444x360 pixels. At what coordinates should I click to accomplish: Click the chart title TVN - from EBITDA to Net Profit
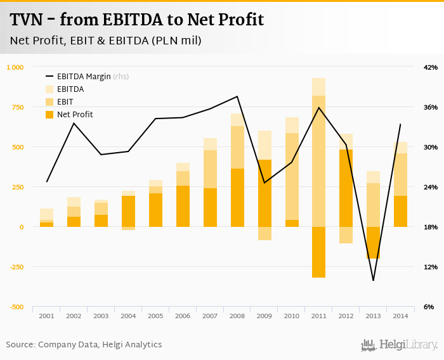(136, 20)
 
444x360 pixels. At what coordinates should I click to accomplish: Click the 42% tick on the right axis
(430, 67)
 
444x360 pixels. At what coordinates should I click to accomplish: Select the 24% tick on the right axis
(430, 187)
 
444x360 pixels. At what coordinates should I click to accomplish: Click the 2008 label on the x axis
(237, 316)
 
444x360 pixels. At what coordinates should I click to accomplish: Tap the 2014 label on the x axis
(401, 316)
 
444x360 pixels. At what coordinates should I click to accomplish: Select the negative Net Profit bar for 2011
(319, 252)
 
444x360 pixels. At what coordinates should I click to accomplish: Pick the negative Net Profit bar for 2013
(374, 242)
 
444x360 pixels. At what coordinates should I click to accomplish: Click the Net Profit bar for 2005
(155, 210)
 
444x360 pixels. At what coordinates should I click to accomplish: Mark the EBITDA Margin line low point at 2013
(374, 280)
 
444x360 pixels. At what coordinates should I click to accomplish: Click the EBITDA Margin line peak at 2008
(237, 96)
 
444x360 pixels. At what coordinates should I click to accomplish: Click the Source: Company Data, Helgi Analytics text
(84, 345)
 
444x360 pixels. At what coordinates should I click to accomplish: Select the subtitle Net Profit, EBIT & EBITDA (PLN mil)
(106, 41)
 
